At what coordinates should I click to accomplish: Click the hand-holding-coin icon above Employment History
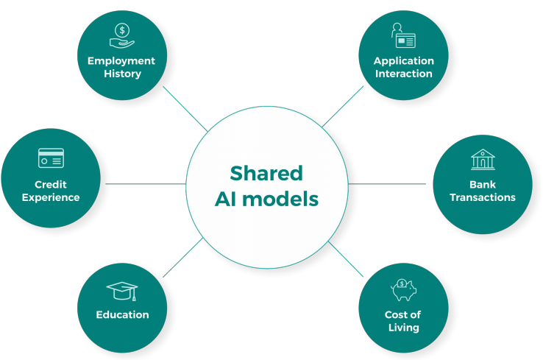[121, 35]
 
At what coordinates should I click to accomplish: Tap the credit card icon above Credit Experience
[51, 158]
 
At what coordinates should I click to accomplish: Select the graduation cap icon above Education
[122, 290]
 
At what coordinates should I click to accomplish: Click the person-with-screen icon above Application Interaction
[403, 36]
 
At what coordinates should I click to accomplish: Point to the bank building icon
[483, 159]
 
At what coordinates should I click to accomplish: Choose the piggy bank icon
[403, 289]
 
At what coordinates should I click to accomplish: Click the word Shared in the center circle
[266, 173]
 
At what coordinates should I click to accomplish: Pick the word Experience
[51, 197]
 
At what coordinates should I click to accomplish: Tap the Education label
[122, 314]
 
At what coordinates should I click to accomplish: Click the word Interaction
[403, 74]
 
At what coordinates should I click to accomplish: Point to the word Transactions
[483, 197]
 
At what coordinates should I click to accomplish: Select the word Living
[403, 327]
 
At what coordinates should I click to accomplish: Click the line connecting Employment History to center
[185, 109]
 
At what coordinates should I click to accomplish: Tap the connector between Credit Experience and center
[143, 184]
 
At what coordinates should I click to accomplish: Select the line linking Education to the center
[183, 258]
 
